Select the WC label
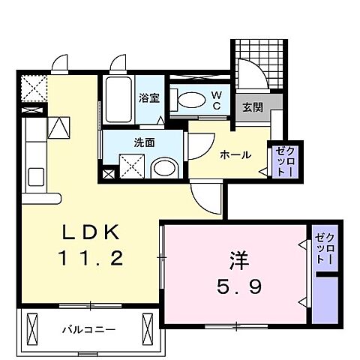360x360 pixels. [215, 99]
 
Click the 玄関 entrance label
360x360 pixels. [252, 107]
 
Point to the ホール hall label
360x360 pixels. [235, 155]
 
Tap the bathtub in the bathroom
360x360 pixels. [118, 99]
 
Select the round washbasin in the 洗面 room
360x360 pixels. [161, 166]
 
